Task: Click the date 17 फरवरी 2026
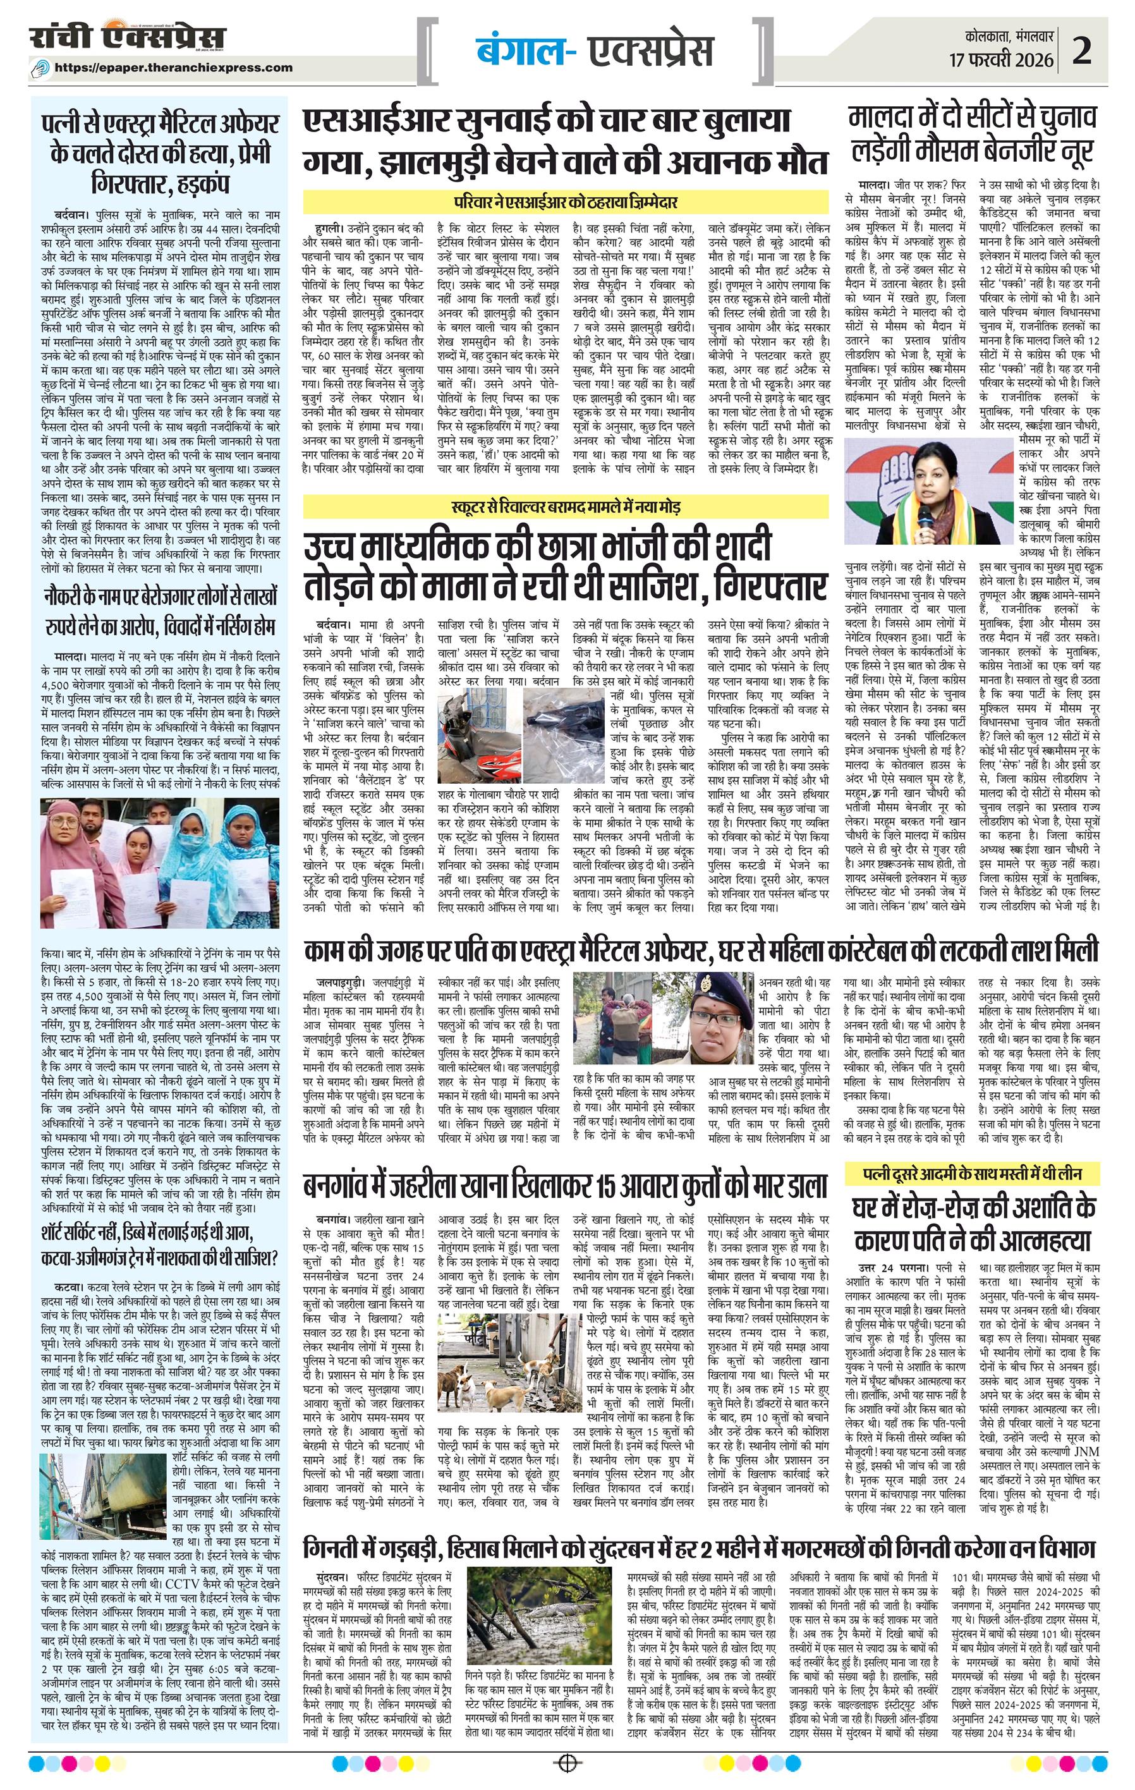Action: pos(1001,59)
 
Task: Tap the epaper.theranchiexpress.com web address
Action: pos(184,68)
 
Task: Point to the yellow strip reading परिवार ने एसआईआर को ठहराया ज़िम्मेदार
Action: pos(565,202)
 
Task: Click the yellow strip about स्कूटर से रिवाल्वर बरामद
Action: pos(565,507)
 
